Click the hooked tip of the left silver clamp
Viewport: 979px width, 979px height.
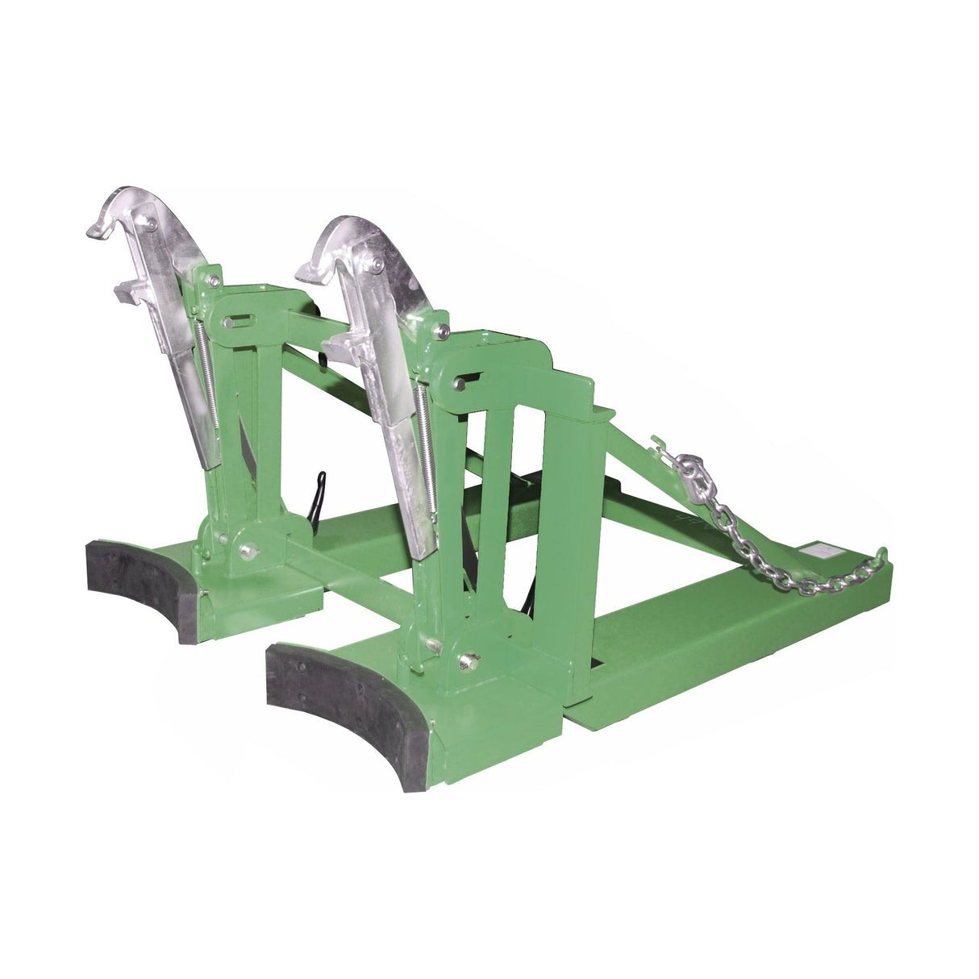pyautogui.click(x=97, y=228)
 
